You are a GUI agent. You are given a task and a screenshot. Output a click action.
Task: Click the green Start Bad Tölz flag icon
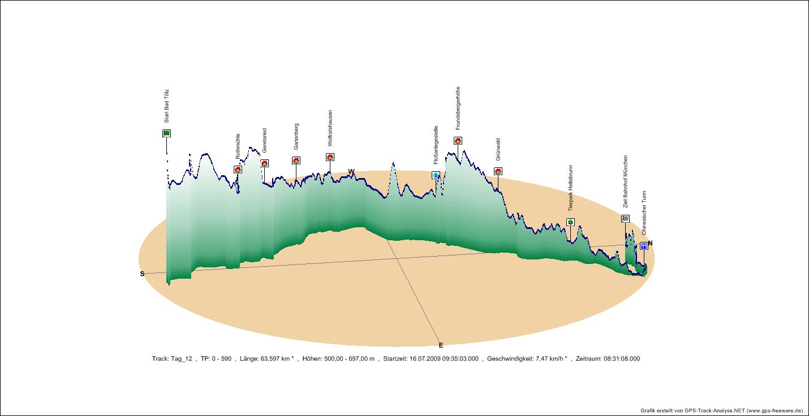[166, 133]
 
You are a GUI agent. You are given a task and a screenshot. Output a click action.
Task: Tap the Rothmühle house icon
[238, 170]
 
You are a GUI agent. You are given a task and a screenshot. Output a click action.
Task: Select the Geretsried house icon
[264, 163]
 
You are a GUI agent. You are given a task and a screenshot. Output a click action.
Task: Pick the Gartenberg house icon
[296, 161]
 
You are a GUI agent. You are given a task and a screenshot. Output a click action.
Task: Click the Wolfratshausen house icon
[330, 157]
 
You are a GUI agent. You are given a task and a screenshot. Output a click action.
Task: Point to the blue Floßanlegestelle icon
[436, 175]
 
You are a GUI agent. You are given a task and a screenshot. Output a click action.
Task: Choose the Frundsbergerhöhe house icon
[458, 141]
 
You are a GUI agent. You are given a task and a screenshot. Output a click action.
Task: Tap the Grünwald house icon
[498, 171]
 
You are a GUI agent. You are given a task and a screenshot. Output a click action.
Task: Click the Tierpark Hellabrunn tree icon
[570, 222]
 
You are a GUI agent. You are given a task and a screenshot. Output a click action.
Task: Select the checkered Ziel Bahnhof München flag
[625, 219]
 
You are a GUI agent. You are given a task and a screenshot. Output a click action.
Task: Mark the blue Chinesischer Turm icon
[644, 246]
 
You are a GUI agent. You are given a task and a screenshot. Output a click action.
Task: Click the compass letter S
[143, 274]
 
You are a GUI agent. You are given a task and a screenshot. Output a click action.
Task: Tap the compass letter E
[441, 345]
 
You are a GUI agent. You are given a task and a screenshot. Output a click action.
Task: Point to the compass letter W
[351, 171]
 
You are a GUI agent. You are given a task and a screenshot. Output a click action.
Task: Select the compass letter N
[650, 243]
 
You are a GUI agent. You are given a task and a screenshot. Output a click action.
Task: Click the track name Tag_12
[181, 358]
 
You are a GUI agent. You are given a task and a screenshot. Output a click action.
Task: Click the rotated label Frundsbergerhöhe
[458, 109]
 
